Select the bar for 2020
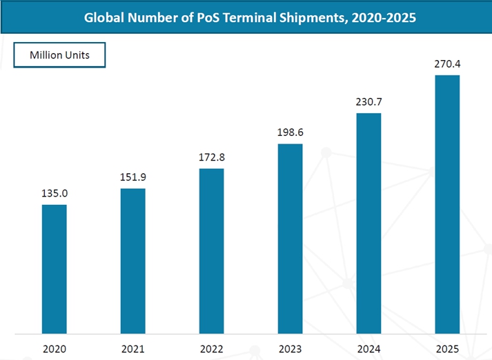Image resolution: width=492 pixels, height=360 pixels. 55,269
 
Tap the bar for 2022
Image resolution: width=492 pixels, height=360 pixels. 212,251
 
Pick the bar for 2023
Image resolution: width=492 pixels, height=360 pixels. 291,239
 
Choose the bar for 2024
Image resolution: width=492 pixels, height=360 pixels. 368,223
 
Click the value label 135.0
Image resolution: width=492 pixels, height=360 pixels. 55,194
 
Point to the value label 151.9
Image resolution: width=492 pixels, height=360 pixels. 133,177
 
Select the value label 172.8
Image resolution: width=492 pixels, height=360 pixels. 212,158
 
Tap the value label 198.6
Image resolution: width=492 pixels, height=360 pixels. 291,132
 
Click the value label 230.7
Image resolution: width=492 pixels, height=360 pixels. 368,102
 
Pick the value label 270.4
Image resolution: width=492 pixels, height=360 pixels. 447,63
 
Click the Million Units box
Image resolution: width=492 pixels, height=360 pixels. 60,55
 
